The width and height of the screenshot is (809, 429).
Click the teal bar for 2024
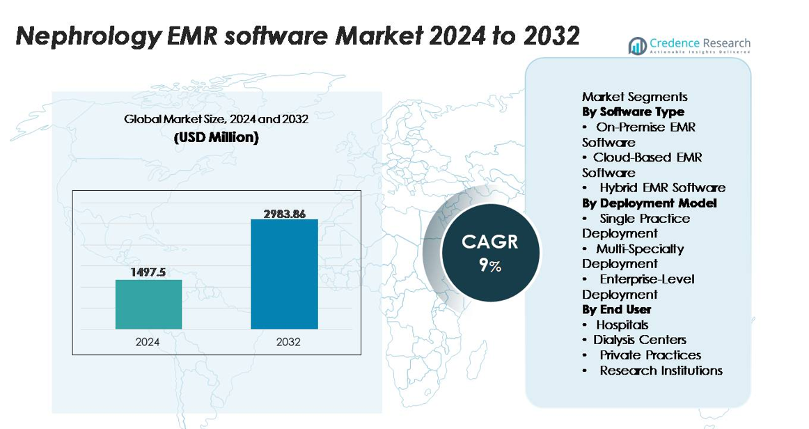click(x=148, y=304)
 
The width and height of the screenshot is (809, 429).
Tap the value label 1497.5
click(x=148, y=272)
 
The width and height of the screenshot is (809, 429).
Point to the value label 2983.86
click(x=284, y=213)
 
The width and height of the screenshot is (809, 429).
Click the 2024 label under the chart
click(x=148, y=342)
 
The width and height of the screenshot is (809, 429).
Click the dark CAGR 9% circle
click(x=490, y=252)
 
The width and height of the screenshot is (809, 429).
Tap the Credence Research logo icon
click(x=637, y=46)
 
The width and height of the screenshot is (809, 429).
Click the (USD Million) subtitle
click(x=216, y=138)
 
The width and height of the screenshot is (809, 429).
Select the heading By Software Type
click(x=633, y=112)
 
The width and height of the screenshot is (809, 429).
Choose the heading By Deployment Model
click(x=649, y=203)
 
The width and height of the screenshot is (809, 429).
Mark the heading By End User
click(x=616, y=309)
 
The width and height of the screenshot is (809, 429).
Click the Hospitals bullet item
click(x=622, y=325)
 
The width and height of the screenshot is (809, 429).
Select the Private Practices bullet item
click(x=650, y=355)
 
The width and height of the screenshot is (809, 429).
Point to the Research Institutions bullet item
click(x=661, y=370)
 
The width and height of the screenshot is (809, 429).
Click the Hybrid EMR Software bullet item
click(x=662, y=188)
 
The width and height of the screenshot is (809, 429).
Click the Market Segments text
click(x=634, y=97)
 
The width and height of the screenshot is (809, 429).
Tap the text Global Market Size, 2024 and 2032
click(x=216, y=119)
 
